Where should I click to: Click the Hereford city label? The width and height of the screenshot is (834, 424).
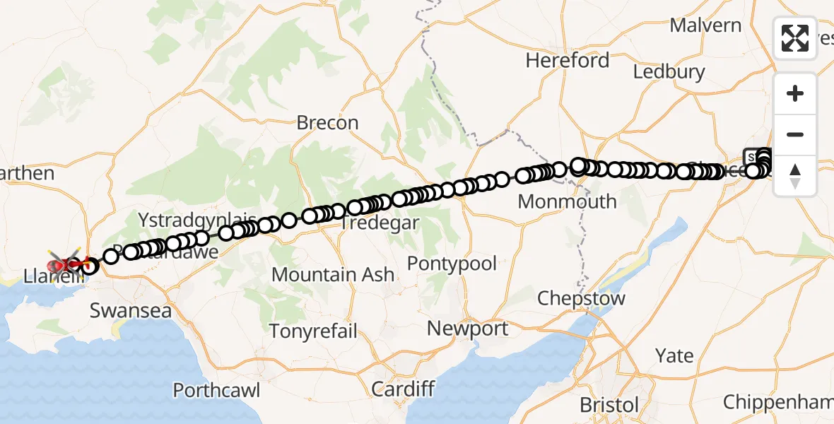[x=567, y=61]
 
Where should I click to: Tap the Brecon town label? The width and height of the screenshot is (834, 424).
[x=327, y=123]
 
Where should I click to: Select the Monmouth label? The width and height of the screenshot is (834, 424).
[x=567, y=201]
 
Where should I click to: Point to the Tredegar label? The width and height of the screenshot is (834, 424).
[x=380, y=223]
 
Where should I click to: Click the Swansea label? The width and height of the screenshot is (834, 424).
[x=131, y=311]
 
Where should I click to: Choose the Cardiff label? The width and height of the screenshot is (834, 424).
[x=402, y=389]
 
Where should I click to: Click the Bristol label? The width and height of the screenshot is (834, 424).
[x=609, y=405]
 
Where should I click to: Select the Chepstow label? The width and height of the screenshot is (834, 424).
[x=581, y=298]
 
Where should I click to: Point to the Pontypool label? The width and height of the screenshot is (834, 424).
[x=452, y=264]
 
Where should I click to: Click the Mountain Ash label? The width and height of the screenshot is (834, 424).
[x=333, y=274]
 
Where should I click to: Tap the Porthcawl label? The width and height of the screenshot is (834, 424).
[x=217, y=390]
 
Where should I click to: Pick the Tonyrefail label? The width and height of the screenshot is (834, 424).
[x=313, y=331]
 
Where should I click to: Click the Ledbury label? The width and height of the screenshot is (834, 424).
[x=669, y=72]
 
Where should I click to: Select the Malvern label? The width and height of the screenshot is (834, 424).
[x=705, y=26]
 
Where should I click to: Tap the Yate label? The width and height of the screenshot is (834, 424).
[x=674, y=355]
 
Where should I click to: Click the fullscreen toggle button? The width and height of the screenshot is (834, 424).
[x=795, y=37]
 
